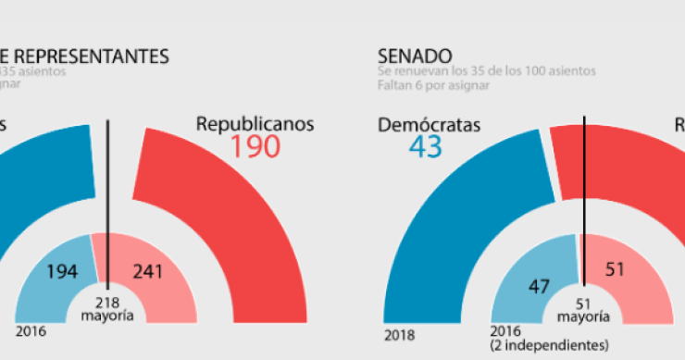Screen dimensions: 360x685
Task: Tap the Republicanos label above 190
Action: coord(255,122)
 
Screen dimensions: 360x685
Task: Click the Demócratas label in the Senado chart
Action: coord(430,125)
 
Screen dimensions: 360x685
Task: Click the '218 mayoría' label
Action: coord(109,307)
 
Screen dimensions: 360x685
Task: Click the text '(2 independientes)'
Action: coord(542,344)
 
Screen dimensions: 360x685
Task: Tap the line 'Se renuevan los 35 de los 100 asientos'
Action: coord(486,71)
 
